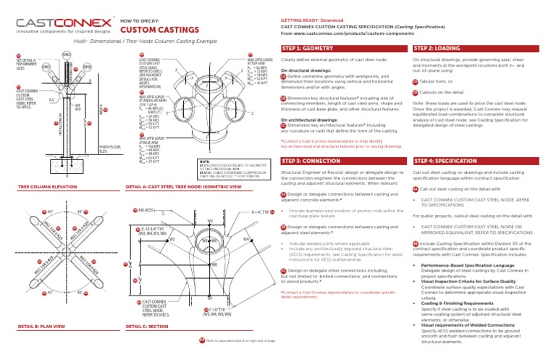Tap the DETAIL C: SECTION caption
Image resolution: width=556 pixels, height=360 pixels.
point(148,327)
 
